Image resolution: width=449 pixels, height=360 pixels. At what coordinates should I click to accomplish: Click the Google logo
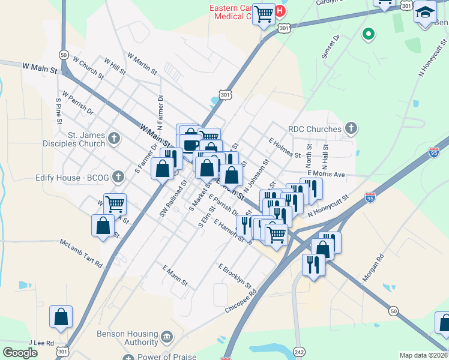(x=20, y=353)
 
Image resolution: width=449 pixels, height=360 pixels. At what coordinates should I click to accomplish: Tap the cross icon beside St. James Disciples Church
(x=114, y=140)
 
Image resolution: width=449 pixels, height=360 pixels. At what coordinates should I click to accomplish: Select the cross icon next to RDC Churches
(x=351, y=128)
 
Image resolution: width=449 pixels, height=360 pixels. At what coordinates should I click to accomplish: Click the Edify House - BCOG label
(x=68, y=178)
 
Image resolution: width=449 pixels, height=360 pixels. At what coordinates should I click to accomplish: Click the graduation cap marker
(x=425, y=12)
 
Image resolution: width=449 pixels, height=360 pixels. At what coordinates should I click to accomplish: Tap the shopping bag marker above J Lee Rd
(x=61, y=318)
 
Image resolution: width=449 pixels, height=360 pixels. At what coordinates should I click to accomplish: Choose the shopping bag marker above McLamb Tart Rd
(x=103, y=226)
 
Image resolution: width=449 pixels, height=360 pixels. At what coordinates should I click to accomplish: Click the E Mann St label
(x=175, y=274)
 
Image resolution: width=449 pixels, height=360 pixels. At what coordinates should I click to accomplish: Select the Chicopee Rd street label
(x=241, y=298)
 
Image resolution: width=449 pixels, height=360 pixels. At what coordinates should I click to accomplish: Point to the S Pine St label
(x=58, y=111)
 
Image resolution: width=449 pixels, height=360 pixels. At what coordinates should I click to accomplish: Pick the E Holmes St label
(x=285, y=148)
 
